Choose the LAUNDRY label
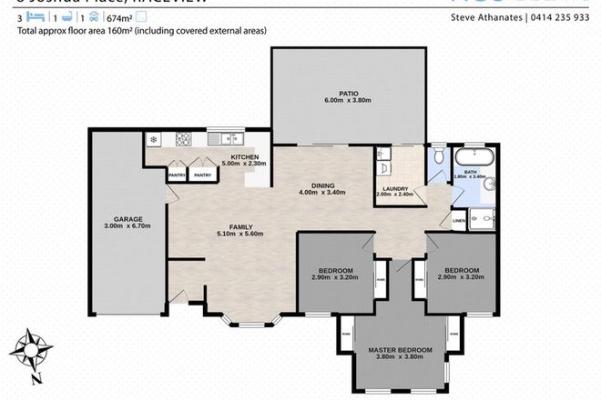pyautogui.click(x=393, y=189)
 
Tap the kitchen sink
pyautogui.click(x=219, y=139)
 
